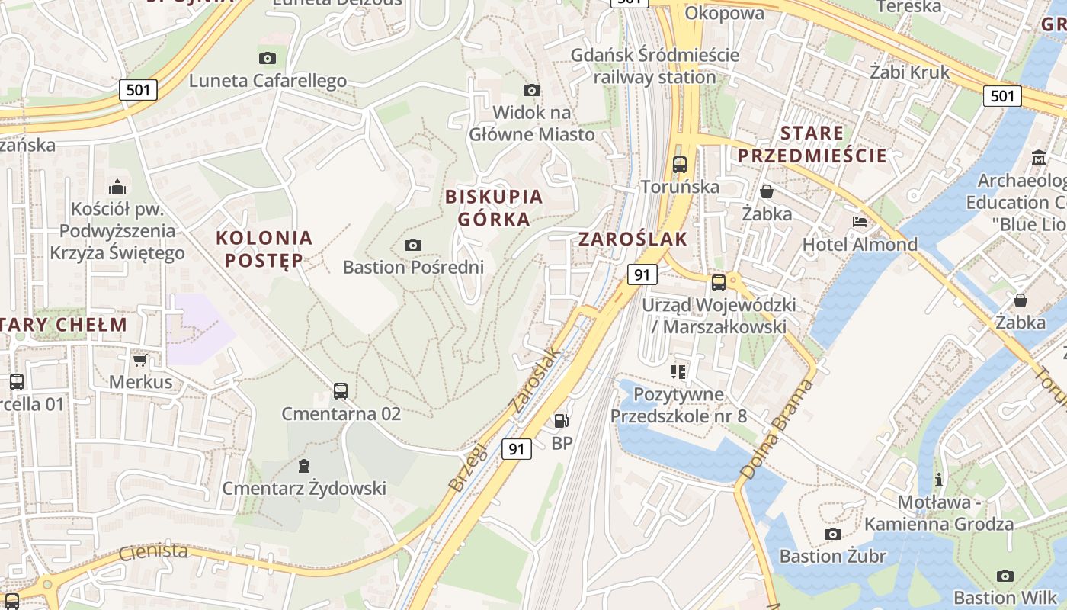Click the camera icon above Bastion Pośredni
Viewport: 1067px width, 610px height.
pyautogui.click(x=412, y=245)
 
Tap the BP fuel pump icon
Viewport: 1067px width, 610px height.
pyautogui.click(x=562, y=420)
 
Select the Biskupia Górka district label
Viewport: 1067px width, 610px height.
pyautogui.click(x=494, y=207)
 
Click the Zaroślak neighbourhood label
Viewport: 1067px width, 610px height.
pyautogui.click(x=633, y=239)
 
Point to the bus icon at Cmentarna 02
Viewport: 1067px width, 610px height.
pyautogui.click(x=341, y=391)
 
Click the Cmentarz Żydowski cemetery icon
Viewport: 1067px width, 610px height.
pyautogui.click(x=304, y=465)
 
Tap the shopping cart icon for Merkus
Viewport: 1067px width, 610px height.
pyautogui.click(x=139, y=360)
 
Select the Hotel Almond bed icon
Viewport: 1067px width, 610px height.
pyautogui.click(x=859, y=222)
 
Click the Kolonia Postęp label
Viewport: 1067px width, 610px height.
pyautogui.click(x=264, y=249)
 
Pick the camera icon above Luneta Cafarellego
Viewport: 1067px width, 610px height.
pyautogui.click(x=267, y=58)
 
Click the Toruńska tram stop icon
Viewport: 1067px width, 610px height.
pyautogui.click(x=679, y=164)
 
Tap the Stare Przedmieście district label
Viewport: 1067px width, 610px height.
pyautogui.click(x=812, y=144)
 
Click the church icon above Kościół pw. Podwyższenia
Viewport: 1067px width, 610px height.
pyautogui.click(x=117, y=186)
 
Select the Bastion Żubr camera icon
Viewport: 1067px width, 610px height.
pyautogui.click(x=832, y=534)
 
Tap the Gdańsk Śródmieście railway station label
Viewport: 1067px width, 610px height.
pyautogui.click(x=655, y=66)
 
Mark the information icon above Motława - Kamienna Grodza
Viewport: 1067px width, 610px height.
pyautogui.click(x=939, y=480)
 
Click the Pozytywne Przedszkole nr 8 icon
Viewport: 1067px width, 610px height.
pyautogui.click(x=678, y=372)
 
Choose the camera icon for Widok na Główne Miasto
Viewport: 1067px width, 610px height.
pyautogui.click(x=532, y=90)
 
